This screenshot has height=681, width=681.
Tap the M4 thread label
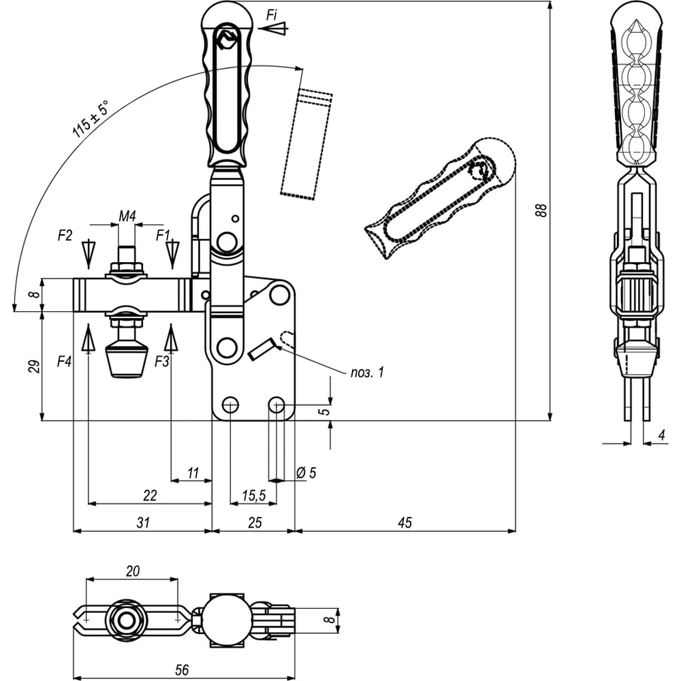click(x=127, y=217)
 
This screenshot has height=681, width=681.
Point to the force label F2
click(x=65, y=236)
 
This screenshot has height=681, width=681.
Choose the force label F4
click(x=64, y=362)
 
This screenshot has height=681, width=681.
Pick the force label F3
click(x=161, y=362)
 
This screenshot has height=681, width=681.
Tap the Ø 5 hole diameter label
click(x=307, y=472)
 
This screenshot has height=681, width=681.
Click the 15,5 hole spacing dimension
click(x=253, y=496)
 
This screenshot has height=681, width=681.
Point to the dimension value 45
click(x=405, y=522)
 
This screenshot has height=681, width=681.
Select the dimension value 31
click(x=142, y=522)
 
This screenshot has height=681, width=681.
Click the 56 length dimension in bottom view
click(x=182, y=669)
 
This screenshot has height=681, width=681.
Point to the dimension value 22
click(x=150, y=495)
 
